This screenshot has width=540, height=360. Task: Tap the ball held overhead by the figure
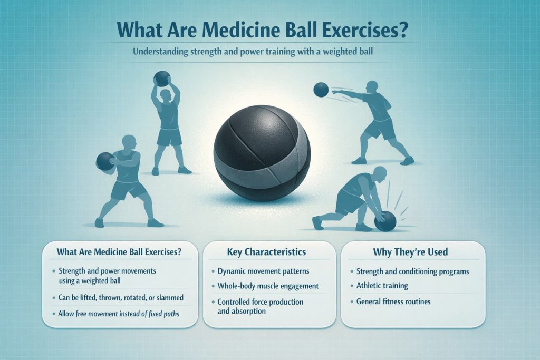(162, 79)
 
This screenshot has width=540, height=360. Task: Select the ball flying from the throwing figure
(321, 90)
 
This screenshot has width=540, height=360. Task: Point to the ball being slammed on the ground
(385, 221)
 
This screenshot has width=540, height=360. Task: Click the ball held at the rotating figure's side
(105, 161)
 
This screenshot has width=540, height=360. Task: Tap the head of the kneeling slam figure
(380, 173)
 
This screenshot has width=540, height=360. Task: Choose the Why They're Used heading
(411, 252)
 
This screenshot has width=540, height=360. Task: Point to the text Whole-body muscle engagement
(268, 286)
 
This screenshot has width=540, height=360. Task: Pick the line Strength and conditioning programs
(413, 271)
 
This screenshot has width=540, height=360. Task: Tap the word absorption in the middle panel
(250, 311)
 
